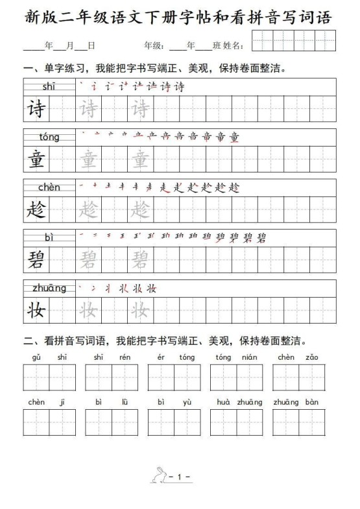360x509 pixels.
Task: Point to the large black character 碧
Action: coord(36,260)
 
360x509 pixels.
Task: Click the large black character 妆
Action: coord(36,311)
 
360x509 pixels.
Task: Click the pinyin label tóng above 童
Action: coord(49,137)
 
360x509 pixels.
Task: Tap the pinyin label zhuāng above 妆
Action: coord(49,289)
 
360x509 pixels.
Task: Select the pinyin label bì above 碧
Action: coord(49,238)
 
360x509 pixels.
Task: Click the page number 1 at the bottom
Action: coord(180,477)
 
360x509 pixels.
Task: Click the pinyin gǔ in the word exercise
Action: coord(36,357)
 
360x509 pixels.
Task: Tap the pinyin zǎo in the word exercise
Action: coord(312,357)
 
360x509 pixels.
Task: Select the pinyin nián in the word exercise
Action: coord(250,357)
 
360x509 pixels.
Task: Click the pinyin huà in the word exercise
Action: coord(224,402)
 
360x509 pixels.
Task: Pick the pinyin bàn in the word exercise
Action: coord(312,402)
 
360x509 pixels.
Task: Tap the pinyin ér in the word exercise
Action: coord(161,357)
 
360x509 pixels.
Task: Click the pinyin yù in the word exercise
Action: coord(187,402)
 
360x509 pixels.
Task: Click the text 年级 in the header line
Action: coord(152,45)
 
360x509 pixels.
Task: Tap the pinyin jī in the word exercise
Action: coord(62,402)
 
